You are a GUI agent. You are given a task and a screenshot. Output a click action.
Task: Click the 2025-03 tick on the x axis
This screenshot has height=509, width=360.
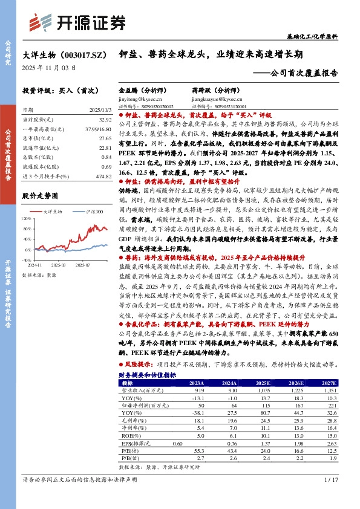[59, 264]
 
